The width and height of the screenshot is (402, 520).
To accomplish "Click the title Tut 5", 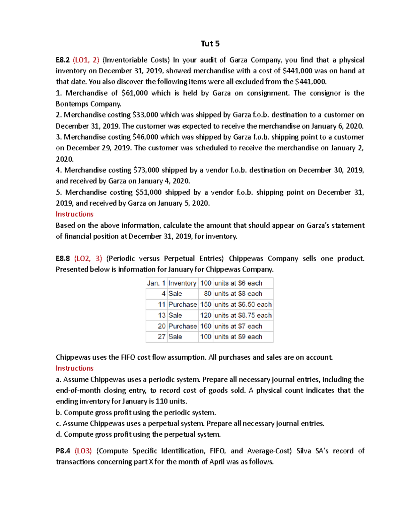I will tap(210, 44).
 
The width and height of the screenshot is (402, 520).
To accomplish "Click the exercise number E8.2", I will tap(63, 60).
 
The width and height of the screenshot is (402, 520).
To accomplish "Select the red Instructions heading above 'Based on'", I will tap(74, 214).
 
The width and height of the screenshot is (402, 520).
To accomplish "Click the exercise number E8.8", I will tap(63, 258).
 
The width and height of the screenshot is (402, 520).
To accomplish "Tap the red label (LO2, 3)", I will tap(88, 258).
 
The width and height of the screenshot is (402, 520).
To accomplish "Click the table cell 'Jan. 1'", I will tap(156, 283).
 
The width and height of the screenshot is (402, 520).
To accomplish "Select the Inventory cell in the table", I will tap(182, 283).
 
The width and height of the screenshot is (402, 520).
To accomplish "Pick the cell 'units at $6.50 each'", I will tap(243, 305).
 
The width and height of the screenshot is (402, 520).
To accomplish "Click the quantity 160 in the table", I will tap(206, 326).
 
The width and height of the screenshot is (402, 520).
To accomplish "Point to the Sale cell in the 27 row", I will tap(175, 337).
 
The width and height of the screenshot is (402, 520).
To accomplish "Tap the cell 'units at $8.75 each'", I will tap(243, 315).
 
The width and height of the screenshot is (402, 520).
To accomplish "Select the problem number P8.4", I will tap(63, 451).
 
